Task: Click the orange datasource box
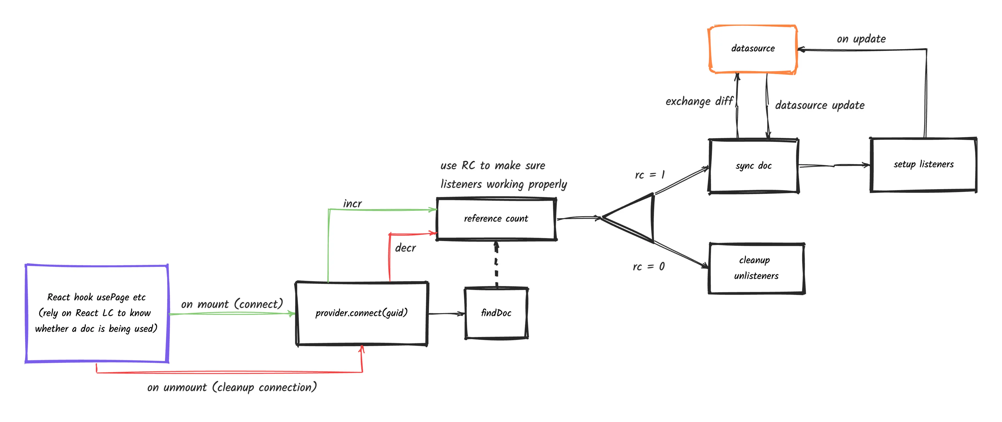pyautogui.click(x=753, y=49)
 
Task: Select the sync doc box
pyautogui.click(x=753, y=166)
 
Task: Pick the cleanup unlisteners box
pyautogui.click(x=756, y=268)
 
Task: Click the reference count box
pyautogui.click(x=496, y=219)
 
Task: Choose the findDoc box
pyautogui.click(x=496, y=313)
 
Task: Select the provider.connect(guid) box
pyautogui.click(x=362, y=313)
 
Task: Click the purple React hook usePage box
pyautogui.click(x=97, y=313)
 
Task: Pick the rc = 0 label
pyautogui.click(x=648, y=267)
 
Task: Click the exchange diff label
pyautogui.click(x=699, y=102)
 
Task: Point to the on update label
pyautogui.click(x=861, y=39)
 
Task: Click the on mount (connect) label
pyautogui.click(x=232, y=304)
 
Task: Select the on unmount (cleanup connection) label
pyautogui.click(x=232, y=387)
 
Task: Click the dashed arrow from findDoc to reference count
pyautogui.click(x=496, y=264)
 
